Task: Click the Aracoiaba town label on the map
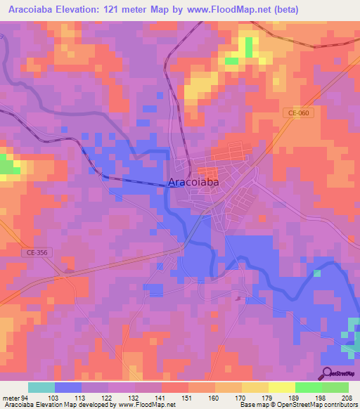(x=193, y=182)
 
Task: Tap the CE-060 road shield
(x=298, y=112)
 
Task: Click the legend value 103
(x=54, y=398)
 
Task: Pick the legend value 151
(x=188, y=398)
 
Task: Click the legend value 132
(x=134, y=398)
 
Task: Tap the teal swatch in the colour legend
(x=41, y=387)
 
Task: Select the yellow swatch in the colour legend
(x=282, y=387)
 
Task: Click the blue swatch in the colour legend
(x=68, y=387)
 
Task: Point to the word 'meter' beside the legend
(x=11, y=398)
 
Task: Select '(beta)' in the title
(x=285, y=10)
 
